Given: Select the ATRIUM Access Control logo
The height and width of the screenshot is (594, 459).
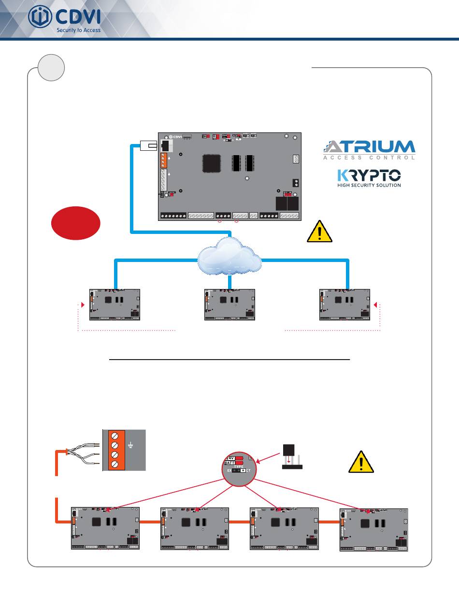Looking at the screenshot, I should coord(369,149).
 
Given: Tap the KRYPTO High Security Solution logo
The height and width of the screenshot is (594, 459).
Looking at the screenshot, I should coord(369,177).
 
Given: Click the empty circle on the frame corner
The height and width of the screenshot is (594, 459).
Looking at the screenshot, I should coord(51,67).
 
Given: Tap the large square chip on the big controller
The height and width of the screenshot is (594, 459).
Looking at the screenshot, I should coord(213,164).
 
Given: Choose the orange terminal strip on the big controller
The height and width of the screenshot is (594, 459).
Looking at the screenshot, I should coord(163,160).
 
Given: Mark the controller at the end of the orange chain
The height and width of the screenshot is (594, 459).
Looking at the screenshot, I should coord(373,530).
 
